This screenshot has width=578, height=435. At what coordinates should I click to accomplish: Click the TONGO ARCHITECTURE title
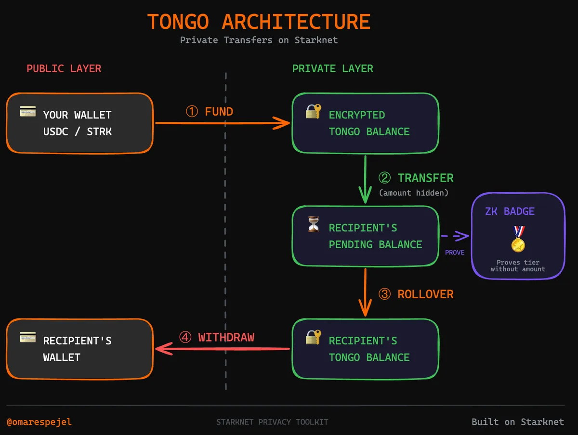coord(259,22)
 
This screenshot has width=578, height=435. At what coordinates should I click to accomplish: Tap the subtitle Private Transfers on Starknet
coord(259,40)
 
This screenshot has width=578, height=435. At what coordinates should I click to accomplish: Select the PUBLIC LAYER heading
coord(64,68)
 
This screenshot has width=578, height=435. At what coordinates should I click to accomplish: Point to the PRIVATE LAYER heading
coord(332,68)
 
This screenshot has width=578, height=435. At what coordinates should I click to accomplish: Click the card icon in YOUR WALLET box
coord(28,112)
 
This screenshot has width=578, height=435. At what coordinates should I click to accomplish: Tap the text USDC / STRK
coord(77,132)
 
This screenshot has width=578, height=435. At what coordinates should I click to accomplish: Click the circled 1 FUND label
coord(210,112)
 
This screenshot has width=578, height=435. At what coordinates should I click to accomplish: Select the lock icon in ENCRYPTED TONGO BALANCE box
coord(313,112)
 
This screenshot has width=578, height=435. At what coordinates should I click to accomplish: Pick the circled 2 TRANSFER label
coord(416,178)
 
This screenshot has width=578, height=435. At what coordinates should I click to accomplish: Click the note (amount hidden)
coord(414,193)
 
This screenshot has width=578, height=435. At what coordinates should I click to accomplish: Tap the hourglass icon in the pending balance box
coord(313,224)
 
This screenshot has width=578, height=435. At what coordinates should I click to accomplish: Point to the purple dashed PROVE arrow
coord(455,237)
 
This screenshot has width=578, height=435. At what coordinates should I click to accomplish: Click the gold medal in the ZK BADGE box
coord(518,239)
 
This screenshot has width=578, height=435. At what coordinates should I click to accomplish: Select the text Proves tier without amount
coord(518,266)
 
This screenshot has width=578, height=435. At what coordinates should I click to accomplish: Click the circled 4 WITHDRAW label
coord(217,337)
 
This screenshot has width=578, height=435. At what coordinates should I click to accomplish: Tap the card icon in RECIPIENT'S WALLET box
coord(28,337)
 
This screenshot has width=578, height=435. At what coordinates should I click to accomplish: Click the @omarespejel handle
coord(39,422)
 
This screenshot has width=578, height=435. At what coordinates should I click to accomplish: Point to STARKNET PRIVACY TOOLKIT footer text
coord(272,422)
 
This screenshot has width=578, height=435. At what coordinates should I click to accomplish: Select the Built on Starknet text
coord(517,422)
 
